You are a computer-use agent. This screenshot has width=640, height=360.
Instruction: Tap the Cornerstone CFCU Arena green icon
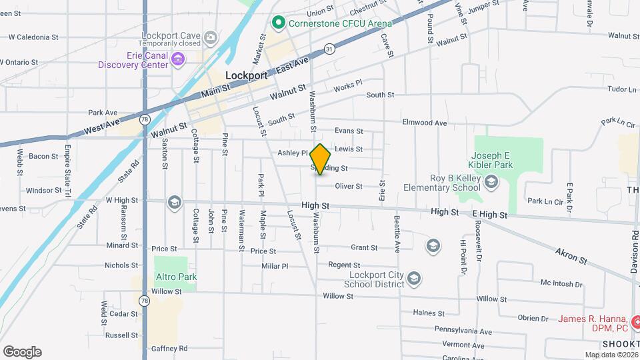tap(278, 23)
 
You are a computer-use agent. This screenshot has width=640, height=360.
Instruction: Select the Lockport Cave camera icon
tap(211, 37)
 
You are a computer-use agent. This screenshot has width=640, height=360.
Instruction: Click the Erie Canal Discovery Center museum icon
tap(178, 60)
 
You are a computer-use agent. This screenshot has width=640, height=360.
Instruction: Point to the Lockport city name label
tap(247, 75)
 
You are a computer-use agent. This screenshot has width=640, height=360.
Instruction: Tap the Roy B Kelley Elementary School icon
tap(491, 181)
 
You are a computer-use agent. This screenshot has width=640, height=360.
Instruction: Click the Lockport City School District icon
tap(413, 277)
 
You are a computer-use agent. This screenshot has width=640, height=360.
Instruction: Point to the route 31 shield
tap(329, 49)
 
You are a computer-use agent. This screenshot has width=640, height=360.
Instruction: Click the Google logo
tap(22, 351)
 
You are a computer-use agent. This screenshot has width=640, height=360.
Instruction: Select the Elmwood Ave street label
tap(425, 123)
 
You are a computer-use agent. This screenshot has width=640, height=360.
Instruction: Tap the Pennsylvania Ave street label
tap(463, 331)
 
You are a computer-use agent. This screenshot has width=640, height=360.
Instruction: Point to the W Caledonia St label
tap(31, 37)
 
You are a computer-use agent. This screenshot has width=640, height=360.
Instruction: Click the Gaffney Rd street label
tap(169, 348)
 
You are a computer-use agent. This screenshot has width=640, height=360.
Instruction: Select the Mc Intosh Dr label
tap(562, 283)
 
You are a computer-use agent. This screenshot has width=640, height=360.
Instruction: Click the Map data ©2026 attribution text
tap(611, 355)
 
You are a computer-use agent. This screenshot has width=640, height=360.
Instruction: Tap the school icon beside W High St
tap(174, 203)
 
